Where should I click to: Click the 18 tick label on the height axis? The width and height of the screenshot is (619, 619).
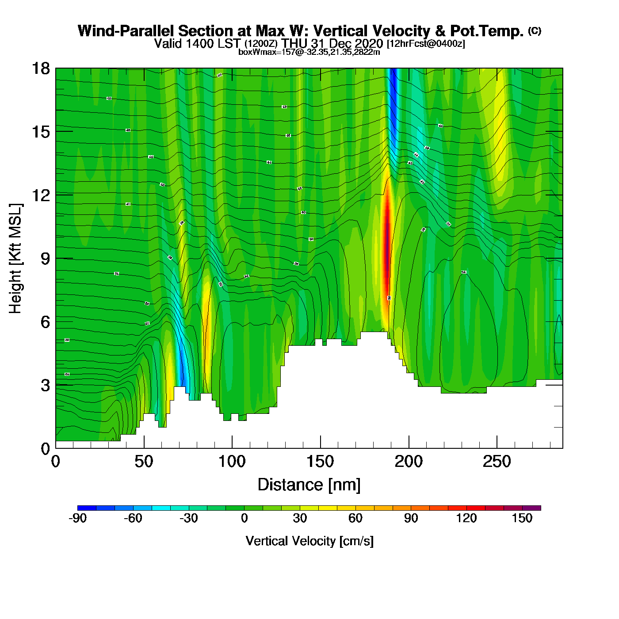40,69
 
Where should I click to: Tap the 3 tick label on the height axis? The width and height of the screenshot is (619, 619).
46,385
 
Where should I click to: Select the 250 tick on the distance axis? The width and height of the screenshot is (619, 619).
497,448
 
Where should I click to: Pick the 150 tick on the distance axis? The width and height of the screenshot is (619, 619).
320,448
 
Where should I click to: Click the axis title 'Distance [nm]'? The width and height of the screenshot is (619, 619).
309,485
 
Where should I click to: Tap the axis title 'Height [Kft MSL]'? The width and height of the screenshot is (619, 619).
15,259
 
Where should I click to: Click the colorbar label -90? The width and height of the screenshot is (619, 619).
77,518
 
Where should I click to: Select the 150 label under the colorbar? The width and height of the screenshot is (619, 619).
522,518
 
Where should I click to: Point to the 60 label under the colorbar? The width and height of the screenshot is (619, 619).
355,518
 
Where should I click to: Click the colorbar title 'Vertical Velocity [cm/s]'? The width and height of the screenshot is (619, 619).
309,541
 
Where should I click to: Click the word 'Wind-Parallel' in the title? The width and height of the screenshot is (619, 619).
126,31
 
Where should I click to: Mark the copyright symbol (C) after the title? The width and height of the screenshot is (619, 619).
535,31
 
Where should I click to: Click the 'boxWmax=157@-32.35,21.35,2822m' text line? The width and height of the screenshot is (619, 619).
309,52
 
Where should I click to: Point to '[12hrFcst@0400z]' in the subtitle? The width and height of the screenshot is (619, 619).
426,44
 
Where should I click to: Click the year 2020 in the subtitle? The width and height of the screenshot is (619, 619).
369,43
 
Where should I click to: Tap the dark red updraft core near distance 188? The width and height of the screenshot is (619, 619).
387,248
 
